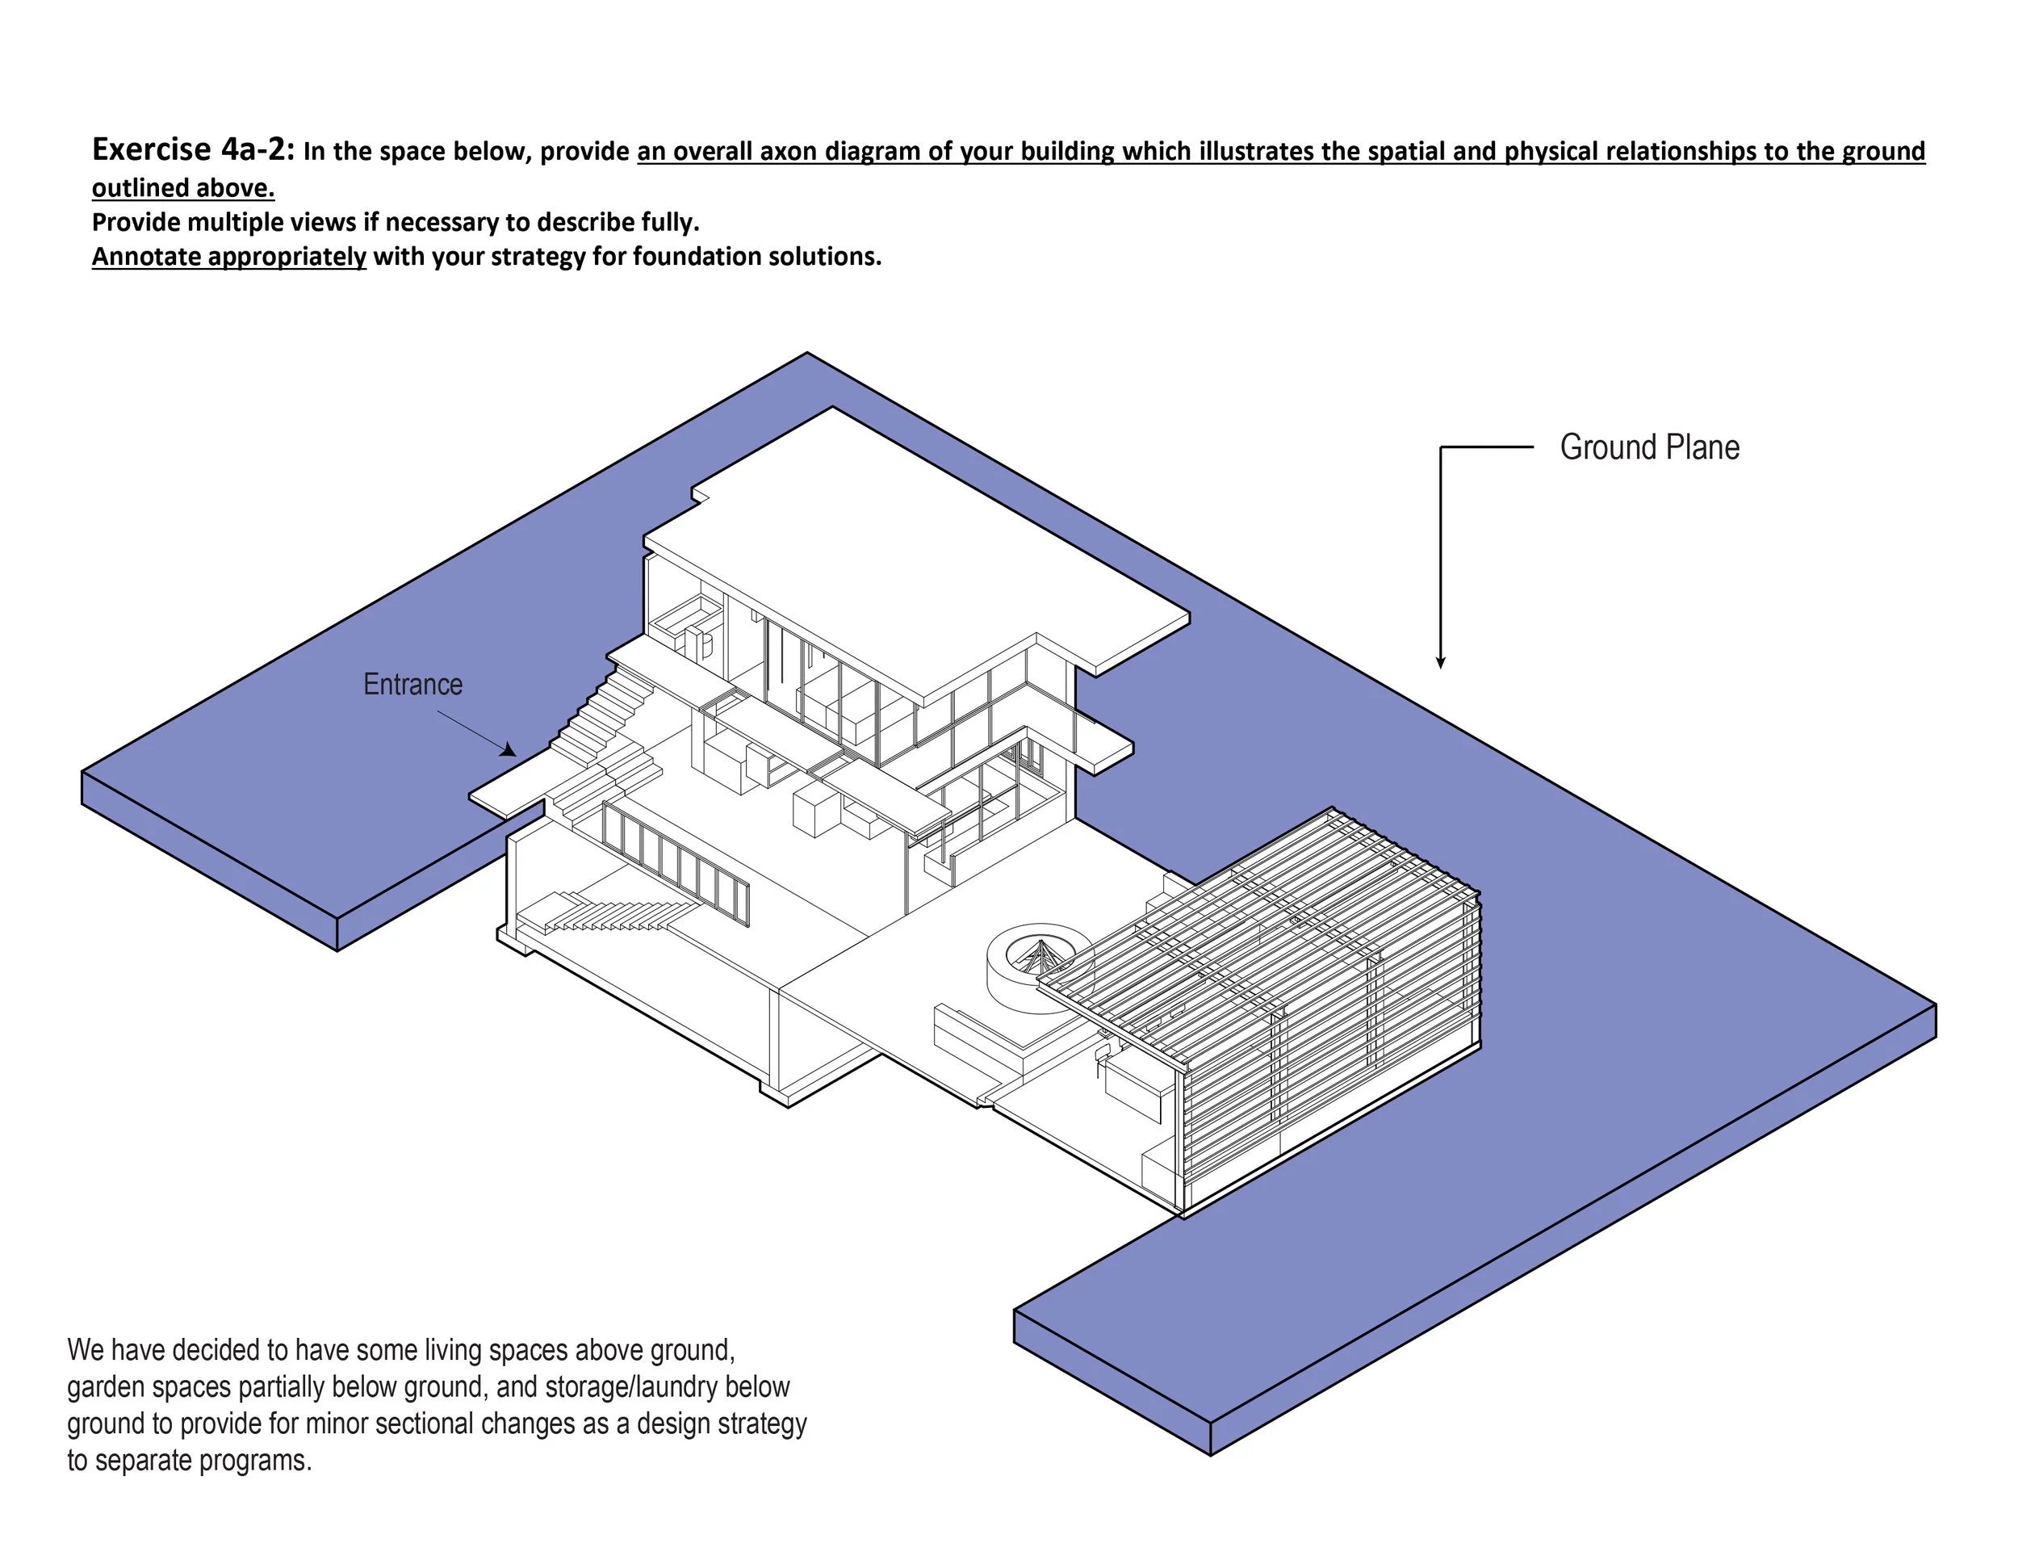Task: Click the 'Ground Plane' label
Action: click(x=1648, y=448)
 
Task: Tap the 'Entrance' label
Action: click(x=412, y=685)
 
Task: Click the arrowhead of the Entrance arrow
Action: click(x=509, y=749)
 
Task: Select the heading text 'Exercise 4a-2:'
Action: click(x=193, y=149)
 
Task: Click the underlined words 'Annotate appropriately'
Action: click(x=229, y=256)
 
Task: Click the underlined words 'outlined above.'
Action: click(x=183, y=187)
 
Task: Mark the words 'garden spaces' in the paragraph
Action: click(x=148, y=1387)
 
